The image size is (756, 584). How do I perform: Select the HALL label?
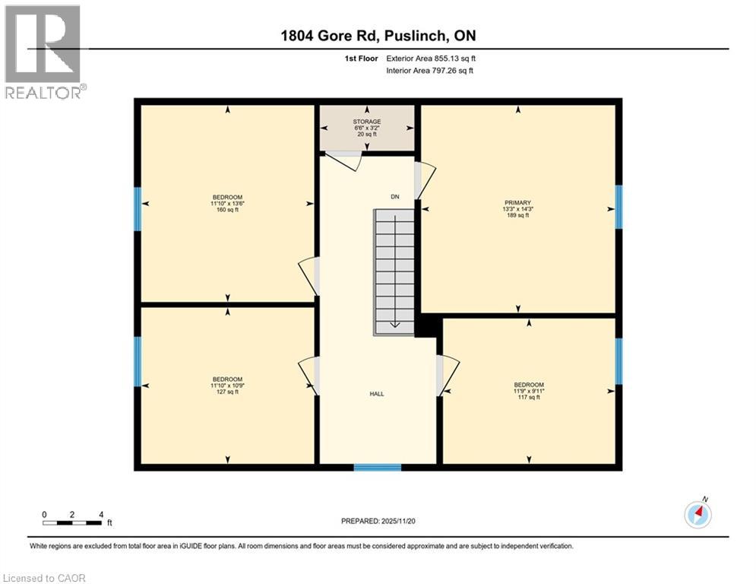[377, 394]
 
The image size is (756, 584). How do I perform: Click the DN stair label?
[395, 197]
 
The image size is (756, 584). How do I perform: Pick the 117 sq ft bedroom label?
[529, 391]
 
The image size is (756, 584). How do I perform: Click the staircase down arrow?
[395, 323]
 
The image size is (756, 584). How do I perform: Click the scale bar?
[73, 522]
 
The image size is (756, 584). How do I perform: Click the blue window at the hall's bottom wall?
[378, 467]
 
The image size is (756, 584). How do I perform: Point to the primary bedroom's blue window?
[618, 207]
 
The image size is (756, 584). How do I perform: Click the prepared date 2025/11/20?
[377, 521]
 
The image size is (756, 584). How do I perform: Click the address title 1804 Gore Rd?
[378, 36]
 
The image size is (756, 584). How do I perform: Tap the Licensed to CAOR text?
[44, 578]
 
